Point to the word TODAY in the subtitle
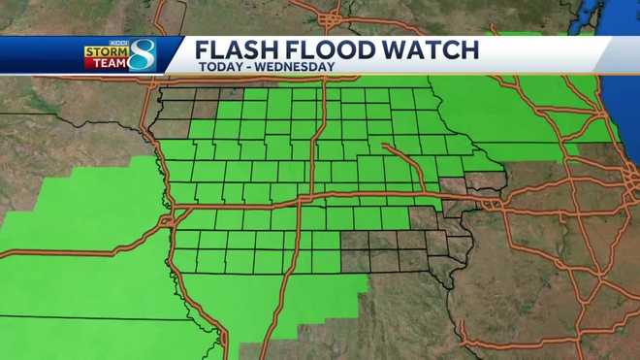[221, 67]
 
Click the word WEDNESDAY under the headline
[295, 67]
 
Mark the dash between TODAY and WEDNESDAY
[249, 67]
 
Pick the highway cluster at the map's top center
[335, 19]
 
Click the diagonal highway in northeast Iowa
[407, 165]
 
